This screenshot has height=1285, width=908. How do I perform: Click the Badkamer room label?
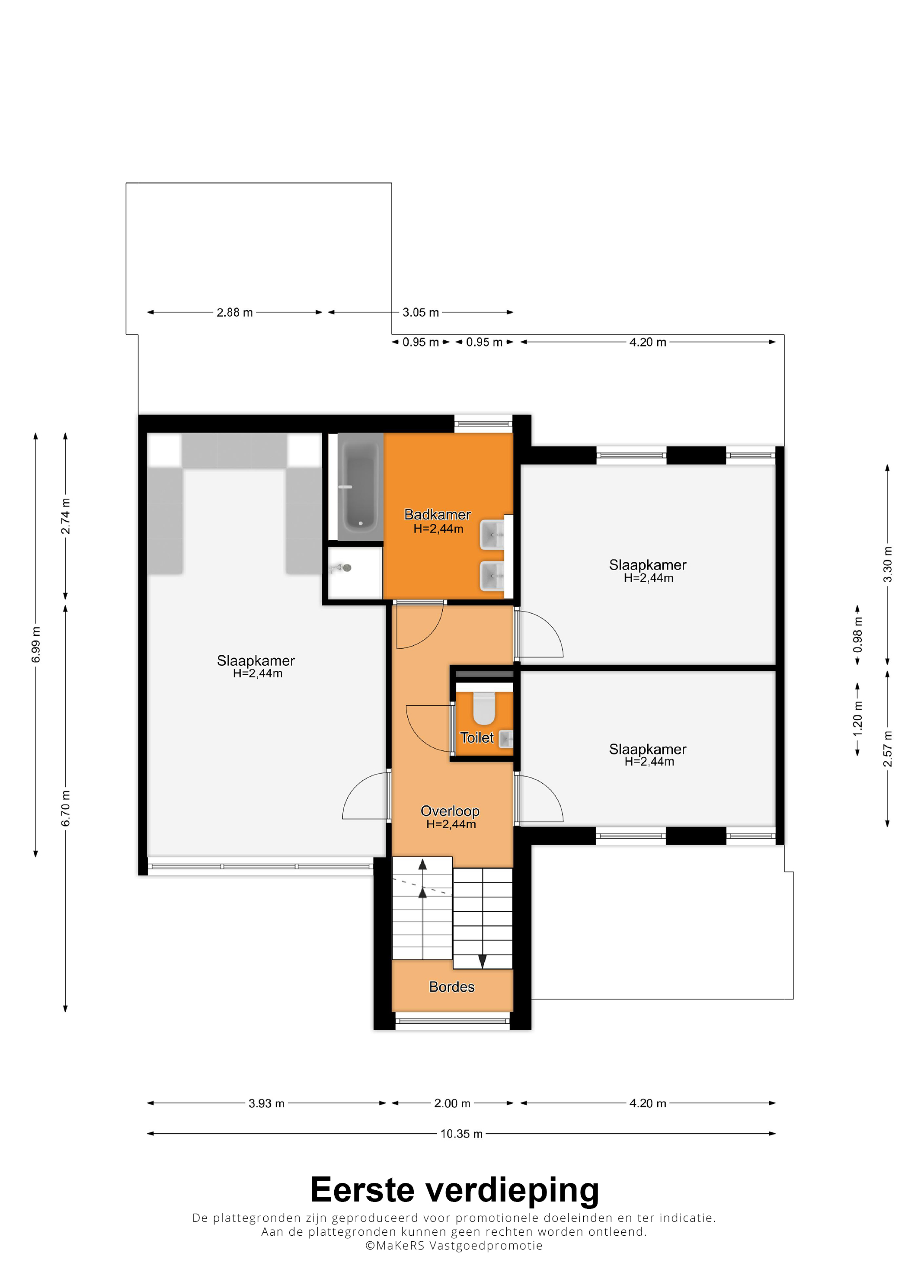[438, 514]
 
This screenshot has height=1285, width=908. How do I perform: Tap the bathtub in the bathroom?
[360, 486]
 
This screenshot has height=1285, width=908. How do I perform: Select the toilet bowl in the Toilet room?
[484, 708]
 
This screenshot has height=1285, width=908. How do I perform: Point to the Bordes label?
[451, 987]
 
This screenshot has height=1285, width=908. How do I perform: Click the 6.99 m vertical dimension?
[36, 645]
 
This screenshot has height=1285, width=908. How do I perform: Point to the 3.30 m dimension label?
[887, 564]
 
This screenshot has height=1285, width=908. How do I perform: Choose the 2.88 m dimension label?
[234, 312]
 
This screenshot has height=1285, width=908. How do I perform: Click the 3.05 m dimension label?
[421, 312]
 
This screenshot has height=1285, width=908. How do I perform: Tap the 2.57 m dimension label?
[887, 749]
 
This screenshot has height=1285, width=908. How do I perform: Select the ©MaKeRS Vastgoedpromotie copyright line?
[454, 1245]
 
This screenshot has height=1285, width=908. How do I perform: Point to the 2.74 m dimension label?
[65, 516]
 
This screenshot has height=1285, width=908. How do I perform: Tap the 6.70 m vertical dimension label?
[65, 808]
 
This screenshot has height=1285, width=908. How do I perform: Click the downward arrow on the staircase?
[482, 961]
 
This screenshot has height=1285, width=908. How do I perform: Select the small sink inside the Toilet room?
[506, 739]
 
